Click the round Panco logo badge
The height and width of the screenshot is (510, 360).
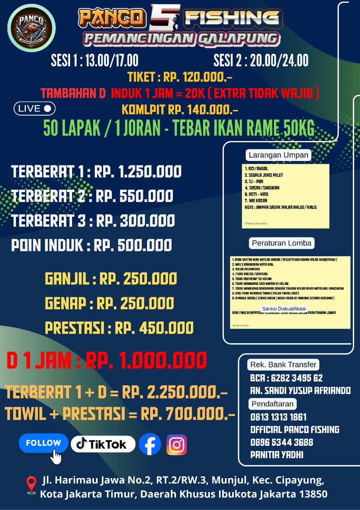[x=31, y=28]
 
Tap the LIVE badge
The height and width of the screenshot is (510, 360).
[x=34, y=108]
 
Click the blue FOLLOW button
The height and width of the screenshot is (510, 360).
[x=43, y=443]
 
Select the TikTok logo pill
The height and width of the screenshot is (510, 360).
[x=103, y=444]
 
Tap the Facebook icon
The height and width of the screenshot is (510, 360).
[x=150, y=444]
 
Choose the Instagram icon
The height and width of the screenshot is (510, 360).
[x=176, y=445]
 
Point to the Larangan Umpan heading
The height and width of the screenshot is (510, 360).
[x=278, y=155]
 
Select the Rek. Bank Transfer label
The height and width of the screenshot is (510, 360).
[x=283, y=364]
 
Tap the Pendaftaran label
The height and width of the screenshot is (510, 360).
[x=272, y=404]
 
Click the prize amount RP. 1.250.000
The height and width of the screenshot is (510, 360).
[x=139, y=172]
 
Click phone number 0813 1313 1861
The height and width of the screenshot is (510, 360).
[x=278, y=417]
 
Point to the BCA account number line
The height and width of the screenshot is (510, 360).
[x=286, y=378]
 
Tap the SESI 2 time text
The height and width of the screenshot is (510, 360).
[x=261, y=60]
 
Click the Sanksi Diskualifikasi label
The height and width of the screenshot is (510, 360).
[x=284, y=309]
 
